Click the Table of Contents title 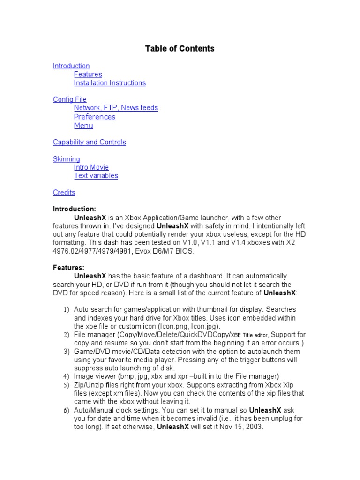pyautogui.click(x=180, y=48)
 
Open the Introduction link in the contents pyautogui.click(x=71, y=66)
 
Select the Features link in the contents pyautogui.click(x=88, y=75)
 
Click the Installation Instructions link pyautogui.click(x=110, y=83)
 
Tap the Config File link pyautogui.click(x=69, y=99)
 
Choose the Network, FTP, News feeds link pyautogui.click(x=116, y=108)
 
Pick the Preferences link pyautogui.click(x=95, y=117)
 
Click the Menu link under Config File pyautogui.click(x=83, y=125)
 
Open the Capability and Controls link pyautogui.click(x=89, y=142)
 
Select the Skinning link pyautogui.click(x=66, y=159)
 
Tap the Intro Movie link pyautogui.click(x=91, y=167)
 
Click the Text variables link pyautogui.click(x=96, y=176)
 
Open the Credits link pyautogui.click(x=64, y=193)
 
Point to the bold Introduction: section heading pyautogui.click(x=75, y=209)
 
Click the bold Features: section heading pyautogui.click(x=68, y=268)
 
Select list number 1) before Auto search pyautogui.click(x=66, y=310)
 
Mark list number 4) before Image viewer pyautogui.click(x=66, y=376)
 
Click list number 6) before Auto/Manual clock pyautogui.click(x=66, y=410)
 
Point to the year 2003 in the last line pyautogui.click(x=255, y=427)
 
